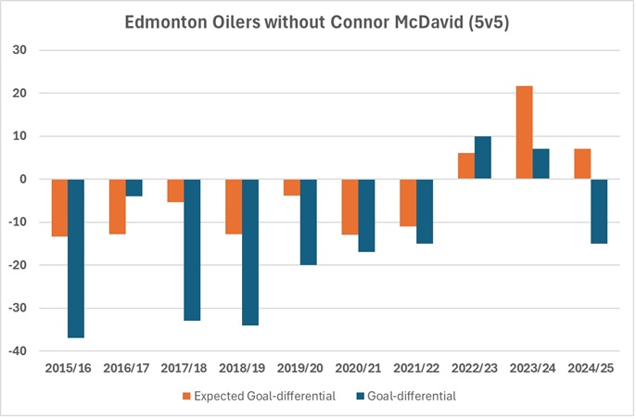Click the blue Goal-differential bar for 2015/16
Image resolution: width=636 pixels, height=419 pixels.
point(76,258)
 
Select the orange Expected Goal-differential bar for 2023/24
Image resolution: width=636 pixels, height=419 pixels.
point(524,133)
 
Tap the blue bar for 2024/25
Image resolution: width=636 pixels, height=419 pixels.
point(598,211)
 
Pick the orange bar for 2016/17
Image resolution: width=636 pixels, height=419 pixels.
point(118,206)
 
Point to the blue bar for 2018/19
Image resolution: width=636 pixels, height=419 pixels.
point(249,252)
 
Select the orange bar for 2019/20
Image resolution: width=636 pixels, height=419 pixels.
point(291,187)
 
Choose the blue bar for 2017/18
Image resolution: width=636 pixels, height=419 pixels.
point(192,249)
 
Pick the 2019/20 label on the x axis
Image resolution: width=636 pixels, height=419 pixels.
point(299,369)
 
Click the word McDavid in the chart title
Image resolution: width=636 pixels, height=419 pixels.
point(426,22)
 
